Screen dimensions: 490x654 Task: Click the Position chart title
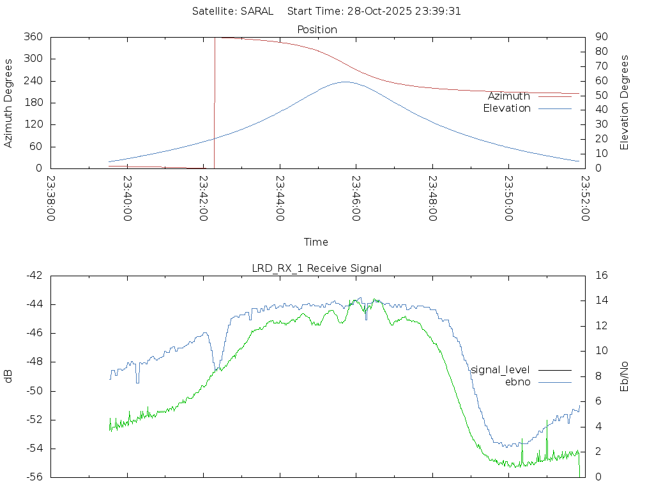coord(317,29)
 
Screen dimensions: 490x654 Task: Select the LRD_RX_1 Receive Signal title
coord(317,268)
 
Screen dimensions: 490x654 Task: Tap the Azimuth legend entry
coord(509,96)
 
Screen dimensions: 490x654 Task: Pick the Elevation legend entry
coord(506,108)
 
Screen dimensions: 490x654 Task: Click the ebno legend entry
coord(518,382)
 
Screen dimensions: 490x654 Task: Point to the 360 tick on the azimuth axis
coord(33,37)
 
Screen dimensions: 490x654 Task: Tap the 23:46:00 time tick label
coord(356,198)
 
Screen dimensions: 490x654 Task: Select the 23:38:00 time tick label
coord(51,198)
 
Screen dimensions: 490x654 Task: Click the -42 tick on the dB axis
coord(33,276)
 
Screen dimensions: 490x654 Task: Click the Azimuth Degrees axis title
coord(9,103)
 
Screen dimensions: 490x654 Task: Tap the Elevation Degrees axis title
coord(625,103)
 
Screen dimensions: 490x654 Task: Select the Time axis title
coord(316,242)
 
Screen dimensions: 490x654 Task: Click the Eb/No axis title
coord(625,376)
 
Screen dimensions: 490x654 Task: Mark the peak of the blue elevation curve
coord(346,82)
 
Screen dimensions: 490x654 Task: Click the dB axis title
coord(9,376)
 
